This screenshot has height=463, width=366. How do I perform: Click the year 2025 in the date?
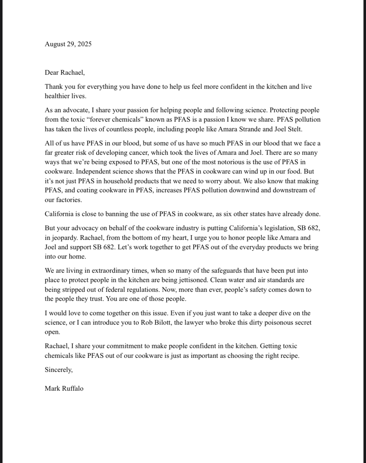[84, 44]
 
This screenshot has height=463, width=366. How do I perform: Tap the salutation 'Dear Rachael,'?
[65, 73]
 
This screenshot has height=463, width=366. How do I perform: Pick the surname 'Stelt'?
[294, 129]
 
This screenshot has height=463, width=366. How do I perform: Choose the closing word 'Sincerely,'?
[59, 370]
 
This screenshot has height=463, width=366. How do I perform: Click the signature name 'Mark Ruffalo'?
[64, 389]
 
